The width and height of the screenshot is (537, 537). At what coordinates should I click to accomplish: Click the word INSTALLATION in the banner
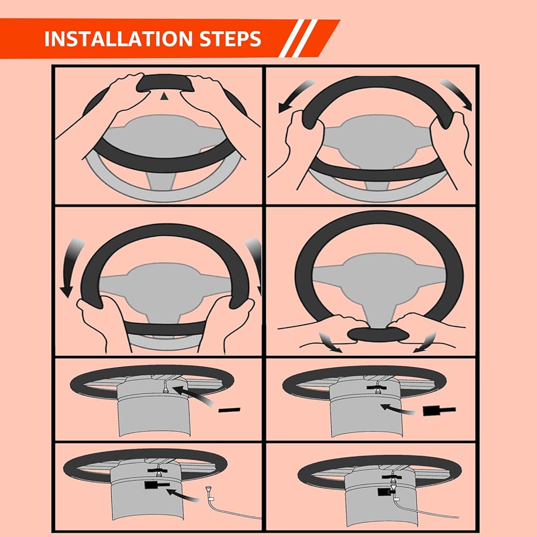click(119, 38)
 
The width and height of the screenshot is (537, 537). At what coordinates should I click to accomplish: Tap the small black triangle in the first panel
click(164, 96)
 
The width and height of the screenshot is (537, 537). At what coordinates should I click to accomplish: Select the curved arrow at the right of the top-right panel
click(458, 92)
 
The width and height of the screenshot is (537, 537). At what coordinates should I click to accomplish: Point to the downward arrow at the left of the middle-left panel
click(70, 266)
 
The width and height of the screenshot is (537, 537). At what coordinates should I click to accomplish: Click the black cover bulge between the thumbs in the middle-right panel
click(378, 334)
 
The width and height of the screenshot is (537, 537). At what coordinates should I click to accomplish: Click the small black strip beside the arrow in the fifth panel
click(229, 410)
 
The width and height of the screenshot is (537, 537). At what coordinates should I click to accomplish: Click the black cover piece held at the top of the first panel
click(164, 83)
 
